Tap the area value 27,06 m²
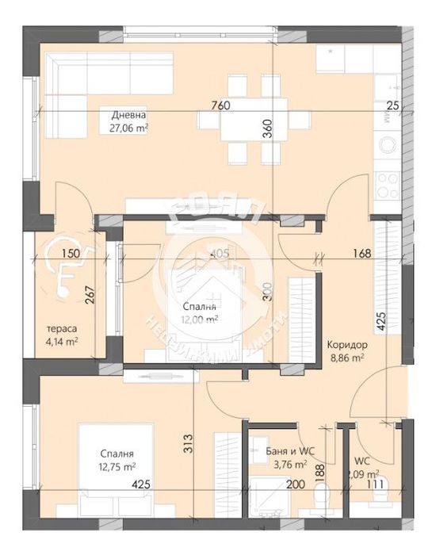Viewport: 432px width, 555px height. tap(129, 127)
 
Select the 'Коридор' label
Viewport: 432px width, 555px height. tap(345, 345)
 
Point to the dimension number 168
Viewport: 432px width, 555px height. tap(361, 254)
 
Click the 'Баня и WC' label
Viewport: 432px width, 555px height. tap(293, 450)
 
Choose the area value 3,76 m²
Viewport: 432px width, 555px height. tap(293, 464)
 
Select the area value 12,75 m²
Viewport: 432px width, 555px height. tap(115, 467)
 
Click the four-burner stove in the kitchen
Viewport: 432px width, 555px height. tap(387, 184)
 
